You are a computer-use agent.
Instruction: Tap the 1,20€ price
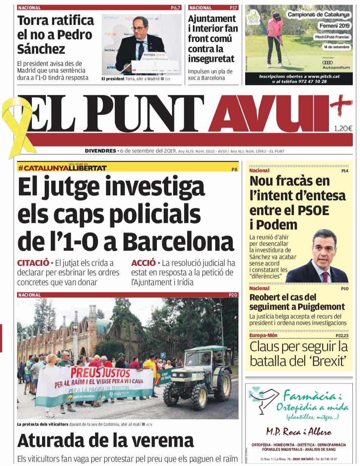point(343,128)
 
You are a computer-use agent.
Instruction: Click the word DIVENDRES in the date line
point(100,151)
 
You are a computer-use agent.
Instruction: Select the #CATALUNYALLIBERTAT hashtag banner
point(62,168)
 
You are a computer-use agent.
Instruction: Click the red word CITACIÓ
point(33,263)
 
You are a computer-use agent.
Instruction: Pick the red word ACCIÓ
point(144,263)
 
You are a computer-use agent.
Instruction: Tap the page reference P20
point(233,295)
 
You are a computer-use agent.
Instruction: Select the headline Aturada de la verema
point(105,440)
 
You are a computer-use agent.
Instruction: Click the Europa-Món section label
point(263,335)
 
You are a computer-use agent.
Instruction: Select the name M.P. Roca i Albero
point(298,432)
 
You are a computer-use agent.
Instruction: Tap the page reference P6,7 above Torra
point(176,8)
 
